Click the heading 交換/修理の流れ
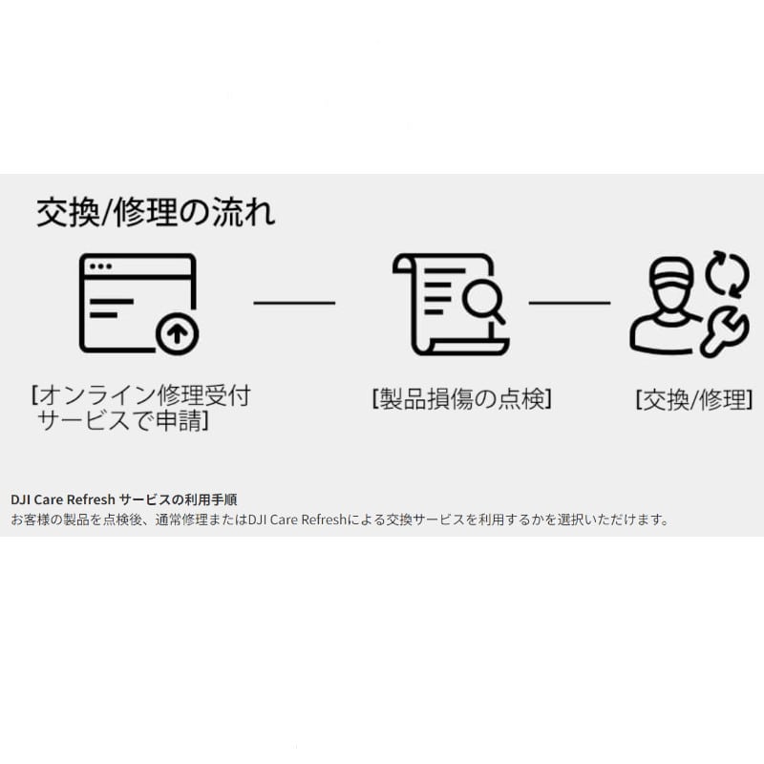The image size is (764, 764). coord(156,211)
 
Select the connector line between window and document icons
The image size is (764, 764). coord(294,303)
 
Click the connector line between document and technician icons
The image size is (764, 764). coord(569,303)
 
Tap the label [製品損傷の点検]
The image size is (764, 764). coord(462,399)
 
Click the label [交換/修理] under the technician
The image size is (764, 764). coord(694,399)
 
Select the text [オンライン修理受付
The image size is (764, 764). coord(142,395)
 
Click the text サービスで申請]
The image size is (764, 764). coord(124,420)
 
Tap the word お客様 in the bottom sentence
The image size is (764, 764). coord(28,520)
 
